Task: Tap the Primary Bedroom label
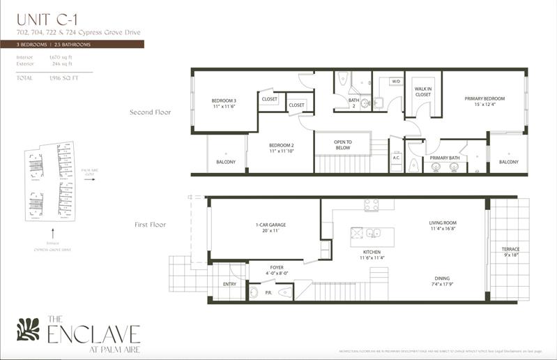[484, 99]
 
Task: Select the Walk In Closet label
[423, 92]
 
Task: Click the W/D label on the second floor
[395, 82]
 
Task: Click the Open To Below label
[343, 144]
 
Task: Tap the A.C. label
[396, 157]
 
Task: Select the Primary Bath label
[444, 158]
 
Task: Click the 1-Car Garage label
[270, 225]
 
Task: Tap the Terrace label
[511, 249]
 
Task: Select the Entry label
[229, 284]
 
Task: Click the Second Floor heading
[151, 112]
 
